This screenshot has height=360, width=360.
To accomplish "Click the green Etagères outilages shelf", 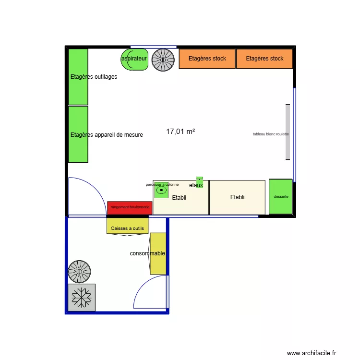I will [78, 77].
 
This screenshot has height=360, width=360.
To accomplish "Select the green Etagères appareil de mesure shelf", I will [78, 134].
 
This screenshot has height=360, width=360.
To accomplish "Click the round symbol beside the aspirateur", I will [163, 59].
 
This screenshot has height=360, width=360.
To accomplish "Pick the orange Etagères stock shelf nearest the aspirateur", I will [207, 59].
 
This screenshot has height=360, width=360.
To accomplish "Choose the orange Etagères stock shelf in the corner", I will [264, 59].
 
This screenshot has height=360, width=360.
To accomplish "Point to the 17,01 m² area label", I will [180, 131].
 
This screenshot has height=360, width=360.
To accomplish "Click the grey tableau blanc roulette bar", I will [288, 132].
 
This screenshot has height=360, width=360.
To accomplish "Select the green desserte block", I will [280, 197].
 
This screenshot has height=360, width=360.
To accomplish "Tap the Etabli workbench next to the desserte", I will [237, 197].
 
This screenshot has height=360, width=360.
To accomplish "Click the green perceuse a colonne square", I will [161, 191].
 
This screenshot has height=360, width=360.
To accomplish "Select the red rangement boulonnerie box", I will [130, 207].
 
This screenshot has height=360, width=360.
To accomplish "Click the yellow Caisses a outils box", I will [128, 226].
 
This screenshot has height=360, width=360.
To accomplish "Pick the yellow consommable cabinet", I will [158, 253].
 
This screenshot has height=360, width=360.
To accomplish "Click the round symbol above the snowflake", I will [79, 272].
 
